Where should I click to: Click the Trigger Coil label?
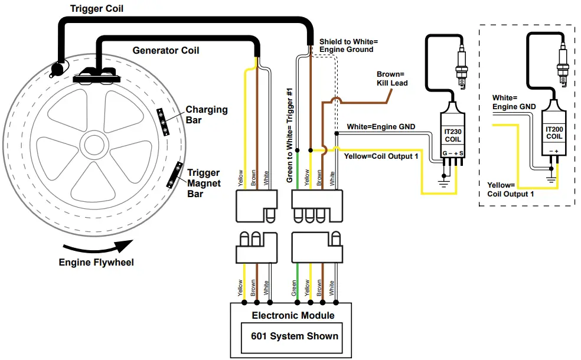pos(97,9)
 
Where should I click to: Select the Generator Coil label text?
pos(165,50)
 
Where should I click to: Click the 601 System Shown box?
pos(290,336)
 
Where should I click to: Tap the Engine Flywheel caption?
pos(96,262)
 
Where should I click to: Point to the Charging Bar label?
pos(206,115)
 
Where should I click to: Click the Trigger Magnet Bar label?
pos(204,183)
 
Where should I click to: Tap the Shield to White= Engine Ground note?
pos(348,45)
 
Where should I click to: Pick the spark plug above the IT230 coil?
pos(462,68)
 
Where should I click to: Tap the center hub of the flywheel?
pos(93,145)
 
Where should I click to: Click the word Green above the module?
pos(295,287)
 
